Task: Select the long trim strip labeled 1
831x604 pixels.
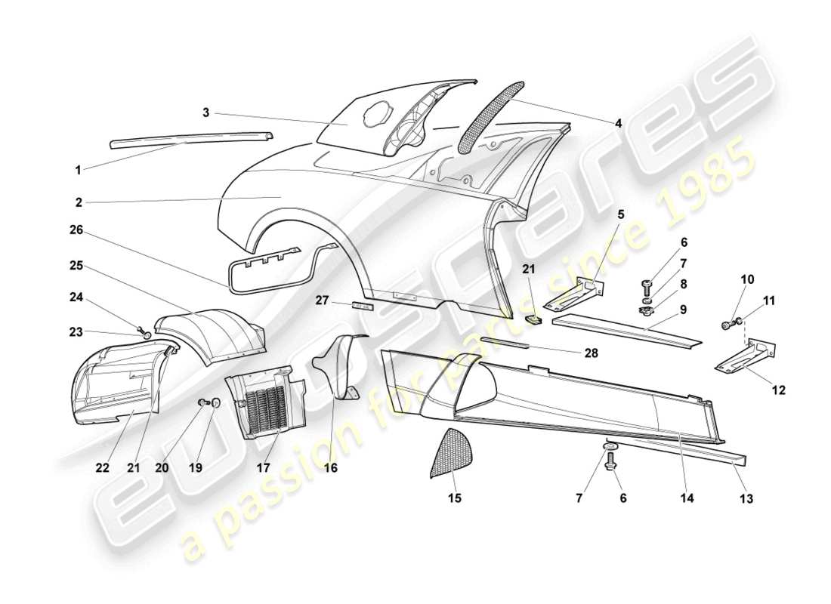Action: [189, 137]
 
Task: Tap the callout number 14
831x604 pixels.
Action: [687, 498]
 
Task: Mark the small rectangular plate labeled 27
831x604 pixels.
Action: [361, 307]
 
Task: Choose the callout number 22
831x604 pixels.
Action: [103, 468]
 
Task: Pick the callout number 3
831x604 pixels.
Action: [205, 113]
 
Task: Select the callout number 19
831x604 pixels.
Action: [196, 468]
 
